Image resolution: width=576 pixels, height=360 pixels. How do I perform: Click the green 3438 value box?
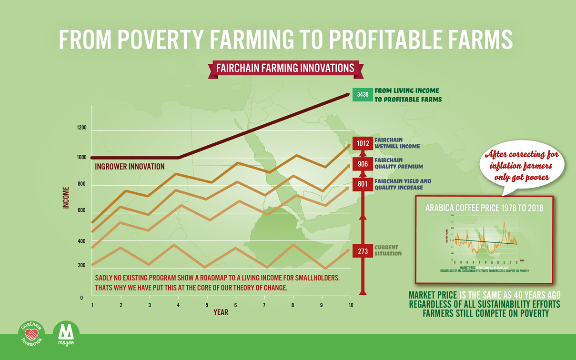coord(363,94)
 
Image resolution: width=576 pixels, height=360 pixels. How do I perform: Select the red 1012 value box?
coord(363,143)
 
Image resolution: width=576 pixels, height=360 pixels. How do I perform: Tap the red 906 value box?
coord(363,164)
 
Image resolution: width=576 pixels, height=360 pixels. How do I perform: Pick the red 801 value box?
coord(363,184)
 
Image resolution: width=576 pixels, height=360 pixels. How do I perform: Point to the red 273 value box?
coord(363,251)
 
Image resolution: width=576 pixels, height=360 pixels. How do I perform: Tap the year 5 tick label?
coord(207,305)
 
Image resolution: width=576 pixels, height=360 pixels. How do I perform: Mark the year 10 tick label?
coord(351,305)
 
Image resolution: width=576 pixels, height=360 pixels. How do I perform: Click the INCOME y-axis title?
coord(66,198)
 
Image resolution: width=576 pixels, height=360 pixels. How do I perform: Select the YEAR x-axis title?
coord(220,313)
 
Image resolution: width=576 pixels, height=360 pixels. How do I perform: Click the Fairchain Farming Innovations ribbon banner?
coord(285,68)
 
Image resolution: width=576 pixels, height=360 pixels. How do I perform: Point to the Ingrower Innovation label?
coord(130,167)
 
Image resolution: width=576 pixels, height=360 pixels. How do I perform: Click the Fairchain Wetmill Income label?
coord(397,143)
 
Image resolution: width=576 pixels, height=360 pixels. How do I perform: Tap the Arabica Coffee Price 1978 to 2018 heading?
coord(484,208)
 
